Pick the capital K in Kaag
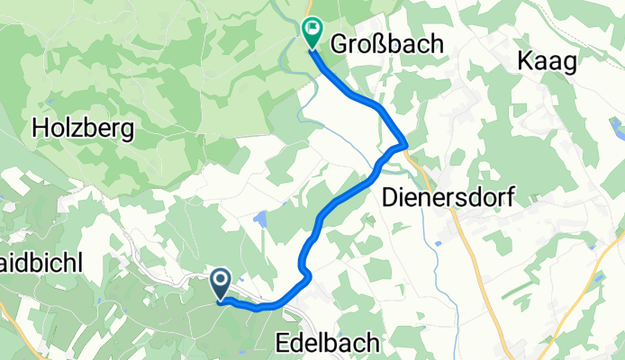tap(525, 60)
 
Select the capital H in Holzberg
tap(40, 129)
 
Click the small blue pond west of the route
tap(260, 219)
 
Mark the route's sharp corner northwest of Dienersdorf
tap(406, 145)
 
